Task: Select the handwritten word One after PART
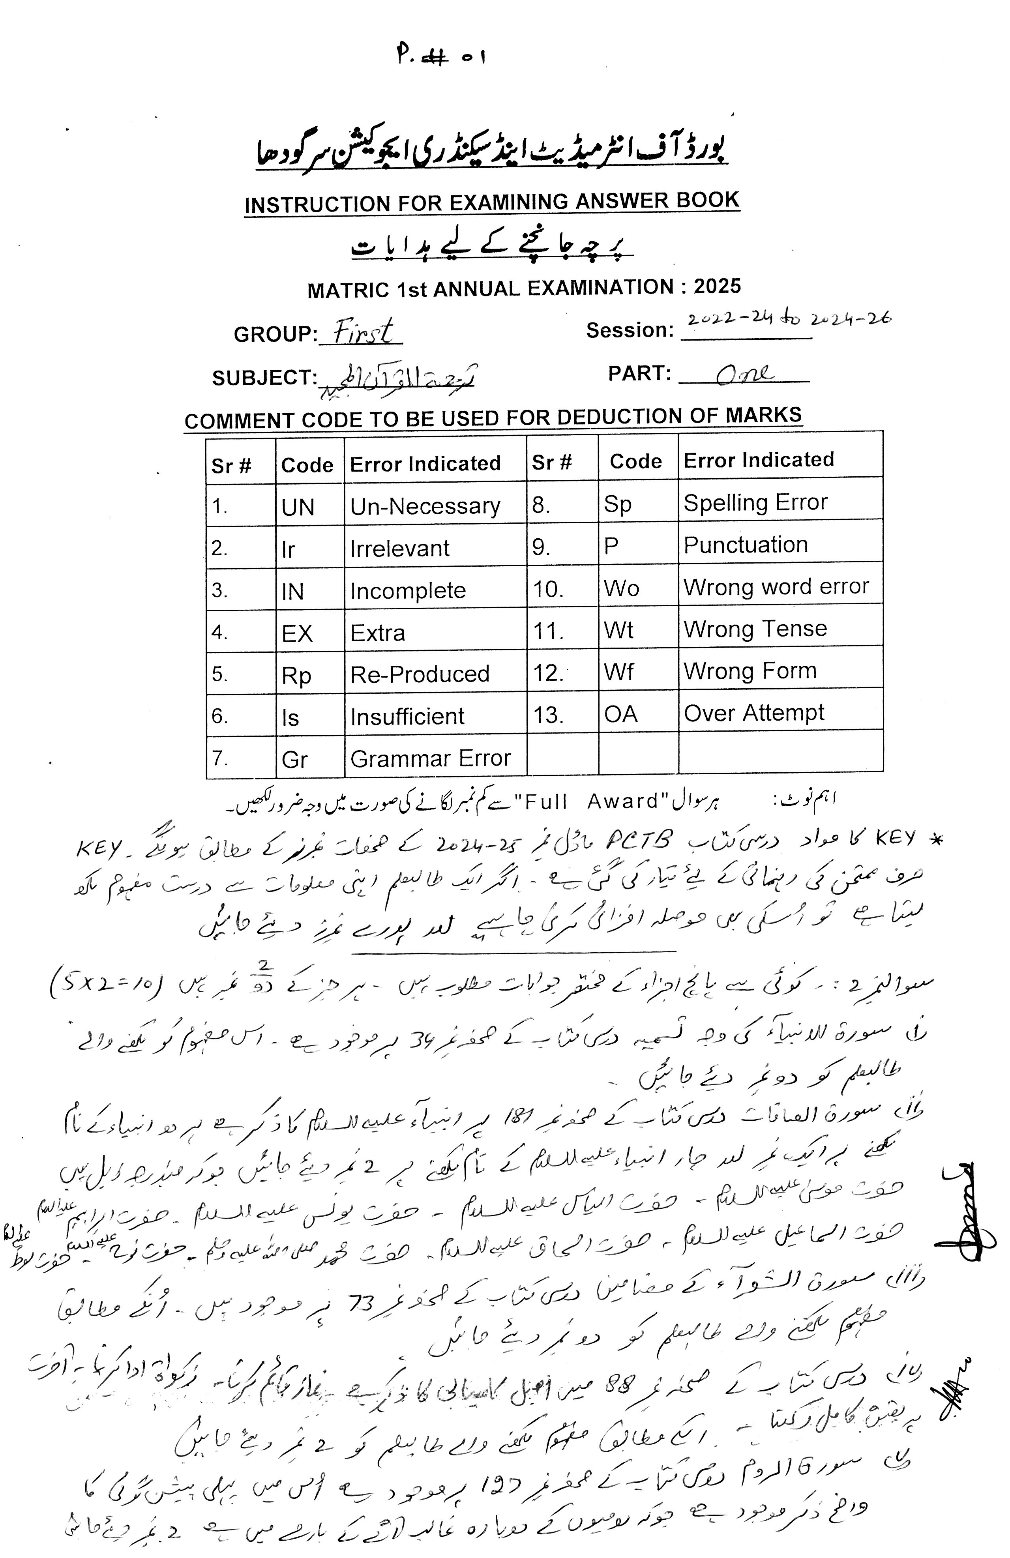click(744, 375)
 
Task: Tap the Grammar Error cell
click(430, 758)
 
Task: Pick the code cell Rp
click(296, 675)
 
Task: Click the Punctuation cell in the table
click(746, 545)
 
